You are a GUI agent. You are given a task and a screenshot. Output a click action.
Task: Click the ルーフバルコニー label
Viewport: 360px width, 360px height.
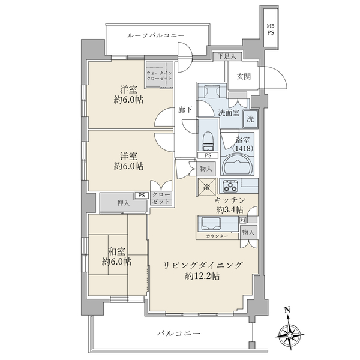coord(155,35)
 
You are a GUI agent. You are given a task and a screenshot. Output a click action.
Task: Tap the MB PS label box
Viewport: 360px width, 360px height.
coord(271,29)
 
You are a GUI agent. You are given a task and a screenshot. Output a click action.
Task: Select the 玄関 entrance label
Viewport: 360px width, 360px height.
coord(244,76)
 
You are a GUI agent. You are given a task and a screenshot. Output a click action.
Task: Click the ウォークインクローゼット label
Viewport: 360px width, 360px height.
coord(160,76)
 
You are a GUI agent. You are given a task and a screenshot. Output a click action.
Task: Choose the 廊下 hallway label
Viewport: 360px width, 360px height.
coord(185,110)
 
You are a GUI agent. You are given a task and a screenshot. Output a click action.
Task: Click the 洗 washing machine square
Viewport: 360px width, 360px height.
coord(251,119)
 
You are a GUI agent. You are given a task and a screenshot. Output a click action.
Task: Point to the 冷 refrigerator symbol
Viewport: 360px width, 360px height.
coord(206,187)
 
